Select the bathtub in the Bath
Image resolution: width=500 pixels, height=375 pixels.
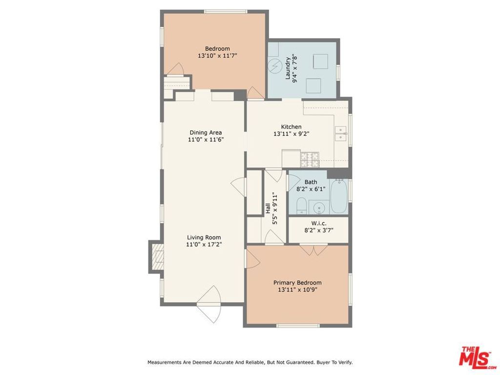click(339, 197)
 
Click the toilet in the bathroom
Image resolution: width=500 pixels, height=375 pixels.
click(301, 206)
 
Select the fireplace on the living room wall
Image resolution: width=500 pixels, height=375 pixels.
click(156, 256)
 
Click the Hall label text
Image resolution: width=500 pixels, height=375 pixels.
click(268, 209)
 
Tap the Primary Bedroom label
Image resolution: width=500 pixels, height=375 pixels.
click(297, 283)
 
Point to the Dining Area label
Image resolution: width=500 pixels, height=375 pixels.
click(205, 132)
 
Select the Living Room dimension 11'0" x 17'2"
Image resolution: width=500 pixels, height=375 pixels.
click(204, 245)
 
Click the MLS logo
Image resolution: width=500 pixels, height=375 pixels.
click(478, 357)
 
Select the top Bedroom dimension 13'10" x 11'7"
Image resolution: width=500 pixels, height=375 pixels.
click(217, 56)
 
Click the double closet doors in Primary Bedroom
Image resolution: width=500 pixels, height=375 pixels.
click(313, 250)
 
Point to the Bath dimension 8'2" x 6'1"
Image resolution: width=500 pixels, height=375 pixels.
click(311, 189)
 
